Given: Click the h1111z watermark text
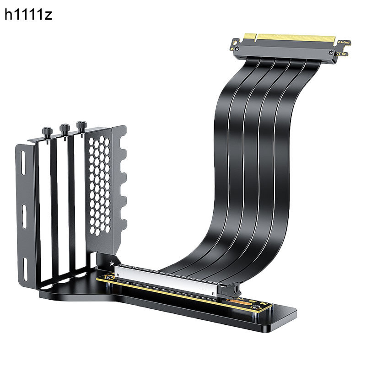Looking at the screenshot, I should [28, 15].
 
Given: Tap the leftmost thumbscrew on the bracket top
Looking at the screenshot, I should [47, 129].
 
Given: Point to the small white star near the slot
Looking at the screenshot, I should [112, 264].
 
